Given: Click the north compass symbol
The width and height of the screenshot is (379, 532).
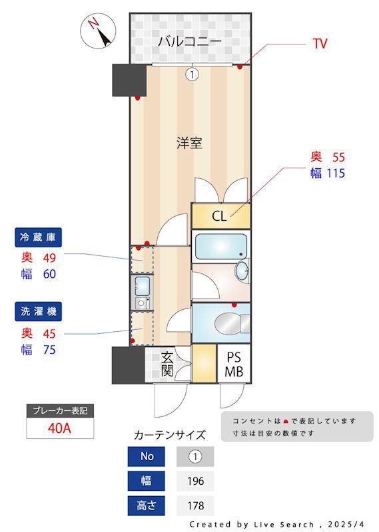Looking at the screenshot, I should click(98, 31).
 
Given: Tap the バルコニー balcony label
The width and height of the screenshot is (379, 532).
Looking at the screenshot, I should click(190, 42).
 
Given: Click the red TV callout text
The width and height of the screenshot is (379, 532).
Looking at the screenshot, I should click(320, 44).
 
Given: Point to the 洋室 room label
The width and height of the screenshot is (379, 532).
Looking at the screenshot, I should click(189, 142).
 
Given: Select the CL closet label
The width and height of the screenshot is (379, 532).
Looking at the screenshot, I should click(219, 216).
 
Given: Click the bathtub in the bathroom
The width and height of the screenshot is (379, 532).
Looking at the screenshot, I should click(220, 246).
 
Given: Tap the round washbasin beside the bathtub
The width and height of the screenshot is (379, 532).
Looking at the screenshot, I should click(242, 271).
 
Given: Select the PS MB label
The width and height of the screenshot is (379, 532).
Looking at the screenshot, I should click(234, 365).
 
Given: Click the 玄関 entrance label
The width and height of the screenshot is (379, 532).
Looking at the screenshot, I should click(167, 364).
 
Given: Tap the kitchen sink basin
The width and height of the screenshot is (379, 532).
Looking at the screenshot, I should click(142, 287).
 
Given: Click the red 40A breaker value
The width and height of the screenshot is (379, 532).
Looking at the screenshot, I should click(59, 428).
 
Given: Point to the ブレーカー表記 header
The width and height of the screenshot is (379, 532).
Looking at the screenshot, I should click(59, 411).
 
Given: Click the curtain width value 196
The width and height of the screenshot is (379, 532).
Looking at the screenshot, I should click(194, 481).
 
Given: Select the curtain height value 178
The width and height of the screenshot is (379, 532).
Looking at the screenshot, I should click(194, 505).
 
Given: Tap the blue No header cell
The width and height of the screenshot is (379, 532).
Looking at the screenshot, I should click(147, 456).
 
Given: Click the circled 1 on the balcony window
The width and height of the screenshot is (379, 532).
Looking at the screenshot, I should click(192, 74).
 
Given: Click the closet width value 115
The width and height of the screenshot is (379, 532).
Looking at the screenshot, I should click(336, 174).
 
